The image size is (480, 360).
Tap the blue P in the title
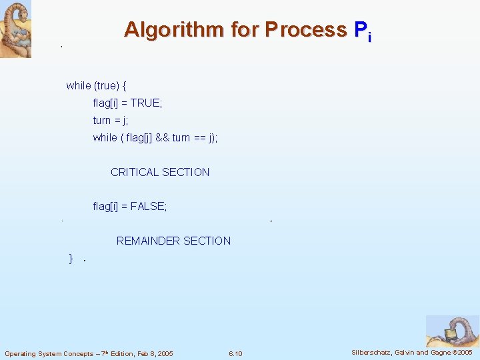360,30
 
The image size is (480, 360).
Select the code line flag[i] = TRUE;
127,103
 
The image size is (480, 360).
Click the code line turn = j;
110,121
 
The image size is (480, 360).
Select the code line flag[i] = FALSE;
130,207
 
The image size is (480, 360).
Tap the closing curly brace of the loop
71,259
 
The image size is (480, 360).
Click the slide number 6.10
235,353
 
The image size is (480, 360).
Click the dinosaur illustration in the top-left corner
15,29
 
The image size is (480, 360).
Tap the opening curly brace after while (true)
125,86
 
